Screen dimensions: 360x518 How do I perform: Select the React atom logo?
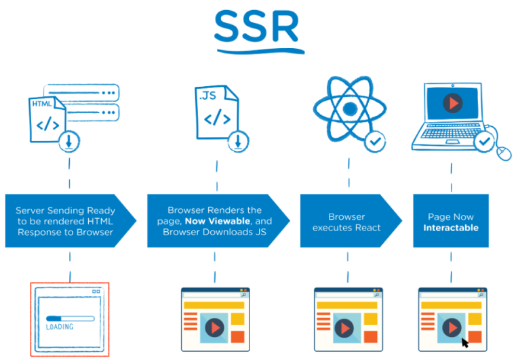348,109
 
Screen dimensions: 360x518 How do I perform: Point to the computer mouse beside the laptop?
504,153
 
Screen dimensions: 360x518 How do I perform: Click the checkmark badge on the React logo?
375,142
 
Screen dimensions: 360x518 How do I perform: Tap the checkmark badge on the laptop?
483,142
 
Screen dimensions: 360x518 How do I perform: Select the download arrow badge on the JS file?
238,142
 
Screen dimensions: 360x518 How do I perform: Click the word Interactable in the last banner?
451,228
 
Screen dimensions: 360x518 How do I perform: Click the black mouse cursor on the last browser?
466,342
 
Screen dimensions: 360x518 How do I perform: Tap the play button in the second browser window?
215,327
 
